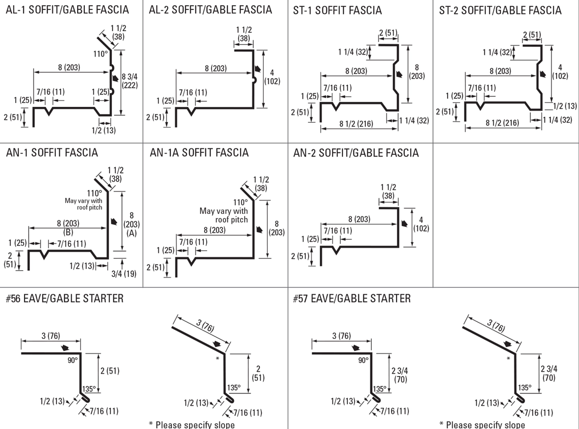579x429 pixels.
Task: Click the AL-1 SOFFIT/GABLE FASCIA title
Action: (67, 9)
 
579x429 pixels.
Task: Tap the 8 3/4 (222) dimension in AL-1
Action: (130, 81)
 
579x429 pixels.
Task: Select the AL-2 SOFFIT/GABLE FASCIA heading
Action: (210, 9)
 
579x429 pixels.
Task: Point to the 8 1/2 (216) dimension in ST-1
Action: (356, 123)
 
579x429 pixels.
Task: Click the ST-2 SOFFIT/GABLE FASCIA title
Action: (500, 10)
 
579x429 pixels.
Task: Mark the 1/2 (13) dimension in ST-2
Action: (565, 106)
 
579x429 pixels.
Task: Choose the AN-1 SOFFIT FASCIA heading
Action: (52, 153)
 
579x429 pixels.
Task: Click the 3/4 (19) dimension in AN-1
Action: (124, 274)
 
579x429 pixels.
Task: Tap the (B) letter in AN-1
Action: (68, 232)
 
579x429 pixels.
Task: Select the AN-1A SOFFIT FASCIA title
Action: (199, 153)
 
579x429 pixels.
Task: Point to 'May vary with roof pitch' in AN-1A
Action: (224, 215)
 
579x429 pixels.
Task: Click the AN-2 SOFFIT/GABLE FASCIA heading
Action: (356, 153)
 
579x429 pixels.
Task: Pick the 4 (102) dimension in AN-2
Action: (421, 224)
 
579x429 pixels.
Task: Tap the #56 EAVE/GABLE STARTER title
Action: (65, 298)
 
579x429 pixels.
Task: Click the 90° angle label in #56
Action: (72, 360)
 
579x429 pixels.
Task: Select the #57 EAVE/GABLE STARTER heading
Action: (352, 298)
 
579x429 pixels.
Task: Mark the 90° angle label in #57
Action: (363, 360)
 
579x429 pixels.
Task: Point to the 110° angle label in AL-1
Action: (100, 54)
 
